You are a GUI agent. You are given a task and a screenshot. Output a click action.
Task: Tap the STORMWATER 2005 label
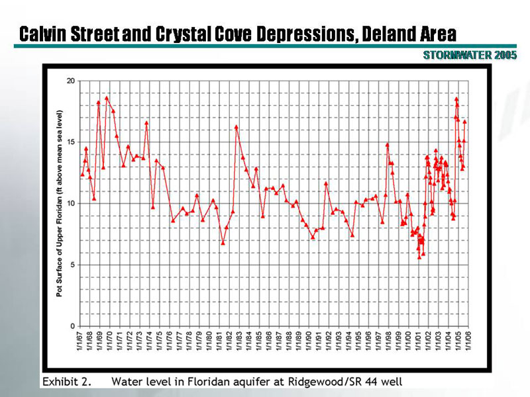coord(470,55)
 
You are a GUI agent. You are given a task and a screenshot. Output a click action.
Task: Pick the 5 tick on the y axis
coord(72,265)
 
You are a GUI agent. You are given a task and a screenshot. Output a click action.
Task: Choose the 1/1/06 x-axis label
coord(468,343)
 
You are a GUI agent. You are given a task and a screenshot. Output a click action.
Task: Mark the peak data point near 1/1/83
coord(236,126)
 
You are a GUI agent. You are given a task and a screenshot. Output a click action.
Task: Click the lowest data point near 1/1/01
coord(419,257)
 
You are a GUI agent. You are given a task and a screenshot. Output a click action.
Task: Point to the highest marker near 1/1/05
coord(456,99)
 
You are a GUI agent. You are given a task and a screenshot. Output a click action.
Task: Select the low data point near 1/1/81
coord(223,243)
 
